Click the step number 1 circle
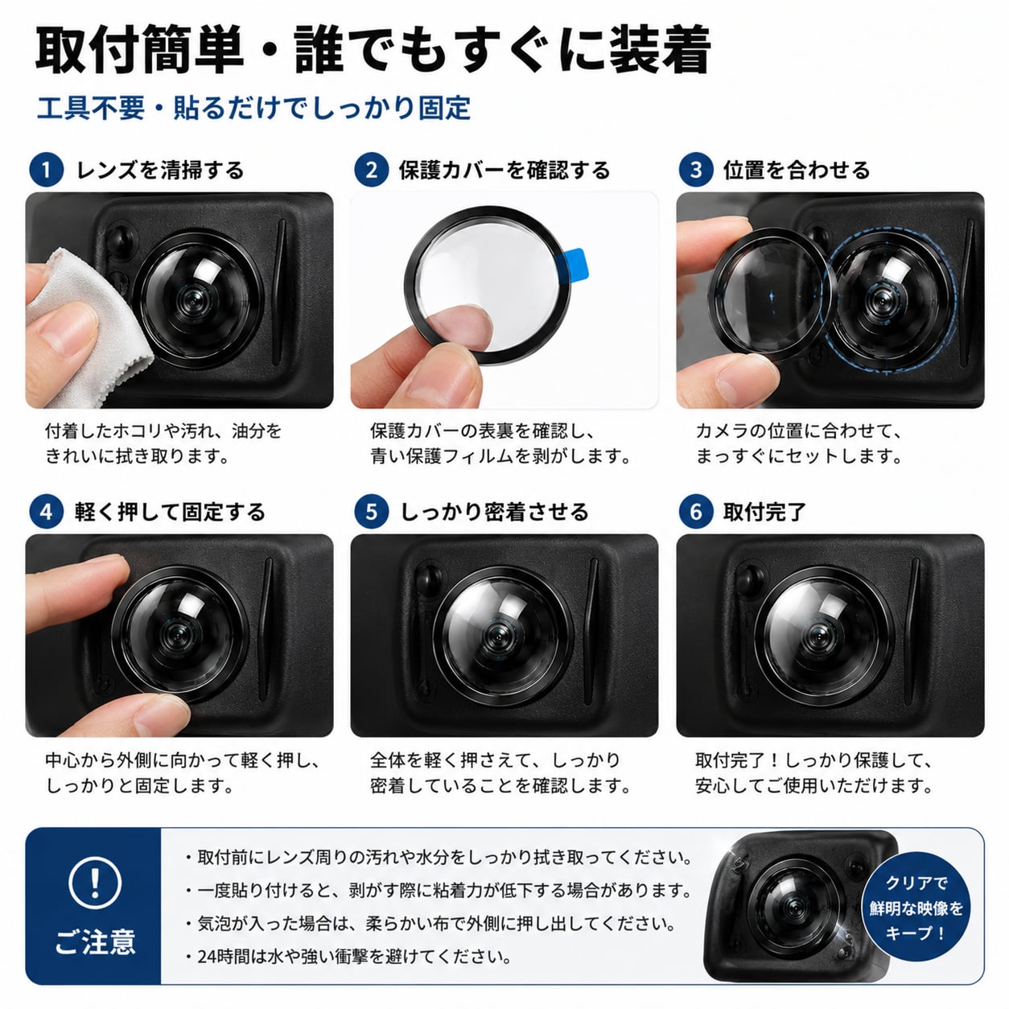tap(46, 170)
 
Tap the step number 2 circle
tap(371, 170)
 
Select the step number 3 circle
tap(696, 170)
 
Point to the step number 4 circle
tap(46, 512)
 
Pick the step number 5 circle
tap(371, 512)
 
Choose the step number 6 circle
tap(696, 512)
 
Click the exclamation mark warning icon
tap(95, 883)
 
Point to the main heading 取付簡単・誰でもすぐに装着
tap(373, 50)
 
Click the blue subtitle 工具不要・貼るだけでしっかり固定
tap(253, 108)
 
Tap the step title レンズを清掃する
tap(160, 170)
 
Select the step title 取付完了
tap(764, 512)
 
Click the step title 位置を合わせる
tap(797, 170)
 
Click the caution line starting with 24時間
tap(348, 957)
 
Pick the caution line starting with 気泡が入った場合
tap(430, 923)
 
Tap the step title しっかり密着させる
tap(495, 512)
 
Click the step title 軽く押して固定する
tap(170, 512)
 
